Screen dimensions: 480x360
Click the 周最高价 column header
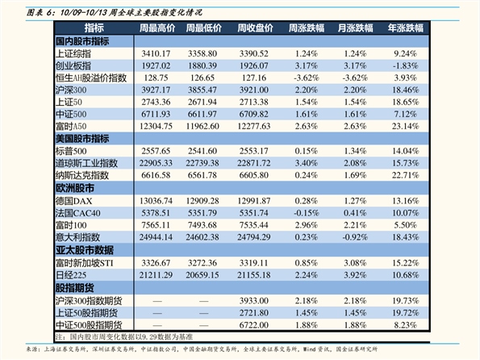tap(157, 28)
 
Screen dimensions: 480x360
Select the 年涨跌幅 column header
tap(406, 28)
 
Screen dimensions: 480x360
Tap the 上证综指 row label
tap(73, 53)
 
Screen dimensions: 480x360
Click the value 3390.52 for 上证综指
tap(254, 53)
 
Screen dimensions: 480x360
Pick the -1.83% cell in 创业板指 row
tap(405, 66)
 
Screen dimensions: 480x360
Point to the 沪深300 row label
tap(71, 90)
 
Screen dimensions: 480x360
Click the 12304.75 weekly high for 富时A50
tap(156, 126)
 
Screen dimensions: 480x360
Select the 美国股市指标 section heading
tap(82, 139)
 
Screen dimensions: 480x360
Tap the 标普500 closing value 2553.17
tap(254, 151)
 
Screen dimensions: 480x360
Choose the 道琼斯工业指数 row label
tap(86, 163)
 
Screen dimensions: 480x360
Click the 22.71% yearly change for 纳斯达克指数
tap(405, 175)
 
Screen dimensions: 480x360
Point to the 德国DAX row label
tap(73, 201)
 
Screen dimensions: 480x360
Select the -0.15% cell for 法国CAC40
tap(306, 213)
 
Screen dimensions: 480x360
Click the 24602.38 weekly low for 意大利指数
tap(202, 237)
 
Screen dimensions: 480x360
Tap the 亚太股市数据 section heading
tap(85, 250)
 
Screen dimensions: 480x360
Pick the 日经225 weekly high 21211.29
tap(156, 275)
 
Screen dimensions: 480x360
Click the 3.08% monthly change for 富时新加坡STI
tap(355, 263)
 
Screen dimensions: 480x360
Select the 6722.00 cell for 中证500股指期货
tap(254, 325)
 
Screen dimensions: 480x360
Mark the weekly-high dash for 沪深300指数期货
tap(157, 301)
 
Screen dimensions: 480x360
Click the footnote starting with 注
tap(124, 337)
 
